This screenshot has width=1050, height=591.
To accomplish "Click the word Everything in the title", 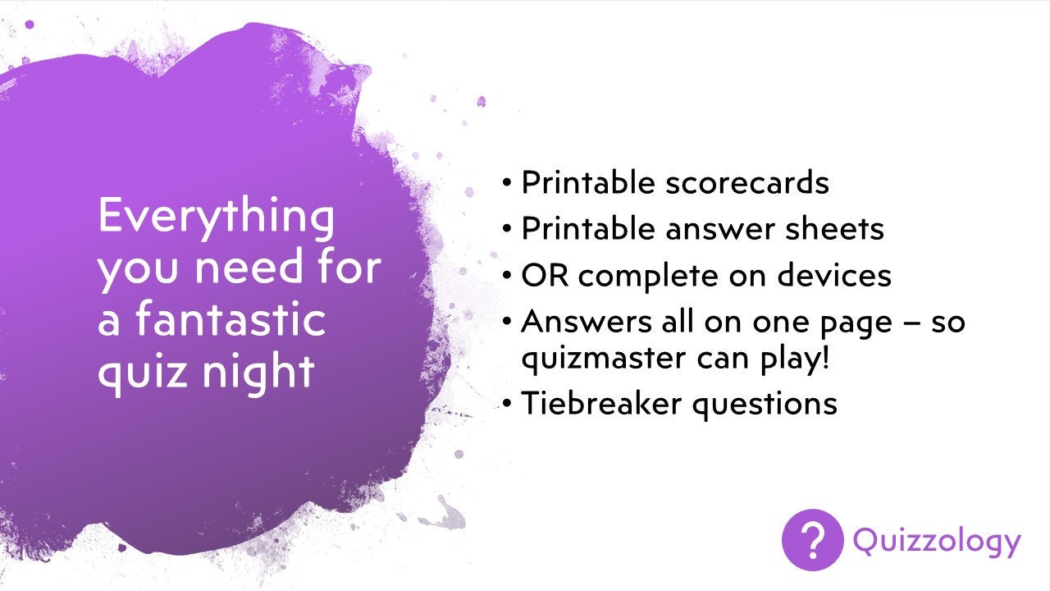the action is click(217, 218).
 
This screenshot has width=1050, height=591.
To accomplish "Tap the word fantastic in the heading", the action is click(231, 319).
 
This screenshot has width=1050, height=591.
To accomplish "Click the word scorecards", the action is click(747, 182).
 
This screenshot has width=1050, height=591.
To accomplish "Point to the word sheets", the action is click(834, 228).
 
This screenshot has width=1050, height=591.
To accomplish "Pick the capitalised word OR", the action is click(545, 275).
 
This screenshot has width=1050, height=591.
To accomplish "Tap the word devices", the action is click(834, 275).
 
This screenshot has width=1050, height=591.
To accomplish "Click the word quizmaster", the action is click(604, 360).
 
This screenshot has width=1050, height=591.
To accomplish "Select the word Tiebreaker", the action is click(601, 402).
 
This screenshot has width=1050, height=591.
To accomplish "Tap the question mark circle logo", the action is click(812, 540).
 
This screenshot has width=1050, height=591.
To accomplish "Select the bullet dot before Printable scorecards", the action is click(506, 183).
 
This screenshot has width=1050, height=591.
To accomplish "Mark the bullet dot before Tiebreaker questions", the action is click(506, 404).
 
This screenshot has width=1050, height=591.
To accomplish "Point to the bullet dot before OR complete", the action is click(506, 276).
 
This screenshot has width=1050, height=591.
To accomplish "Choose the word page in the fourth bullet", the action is click(856, 324).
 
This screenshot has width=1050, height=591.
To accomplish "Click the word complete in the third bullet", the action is click(648, 277).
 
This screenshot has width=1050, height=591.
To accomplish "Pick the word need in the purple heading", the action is click(249, 267).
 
